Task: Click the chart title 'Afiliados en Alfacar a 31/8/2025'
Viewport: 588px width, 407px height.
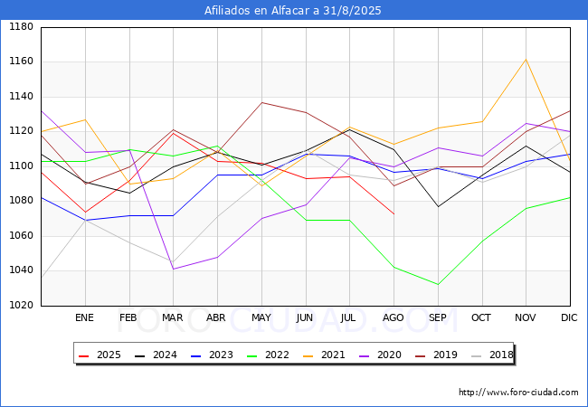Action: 293,11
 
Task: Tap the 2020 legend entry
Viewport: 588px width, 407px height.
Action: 408,355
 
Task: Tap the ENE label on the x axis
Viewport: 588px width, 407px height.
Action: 84,318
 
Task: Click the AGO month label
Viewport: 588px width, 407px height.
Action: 394,318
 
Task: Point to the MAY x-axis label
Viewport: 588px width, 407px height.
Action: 261,318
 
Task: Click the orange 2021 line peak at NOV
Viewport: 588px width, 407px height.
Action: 526,60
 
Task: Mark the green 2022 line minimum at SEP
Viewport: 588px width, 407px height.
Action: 438,285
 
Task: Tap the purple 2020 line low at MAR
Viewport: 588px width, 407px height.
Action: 173,269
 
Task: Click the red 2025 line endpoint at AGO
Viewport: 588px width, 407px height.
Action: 394,214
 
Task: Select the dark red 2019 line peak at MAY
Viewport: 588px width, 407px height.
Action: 261,102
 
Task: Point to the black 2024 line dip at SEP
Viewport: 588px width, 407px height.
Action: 438,206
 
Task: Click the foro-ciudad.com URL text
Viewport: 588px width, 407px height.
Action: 518,393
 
